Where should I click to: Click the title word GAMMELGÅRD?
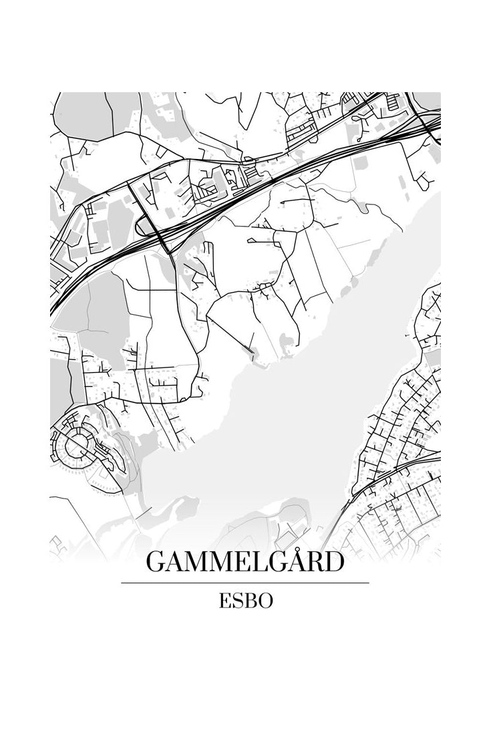click(244, 562)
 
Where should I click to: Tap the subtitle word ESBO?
click(244, 601)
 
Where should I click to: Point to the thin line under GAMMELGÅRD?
click(244, 583)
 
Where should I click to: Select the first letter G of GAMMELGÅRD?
click(156, 563)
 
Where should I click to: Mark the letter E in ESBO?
click(224, 601)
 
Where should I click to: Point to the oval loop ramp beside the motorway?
click(148, 227)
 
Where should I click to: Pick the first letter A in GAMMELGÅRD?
click(176, 563)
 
